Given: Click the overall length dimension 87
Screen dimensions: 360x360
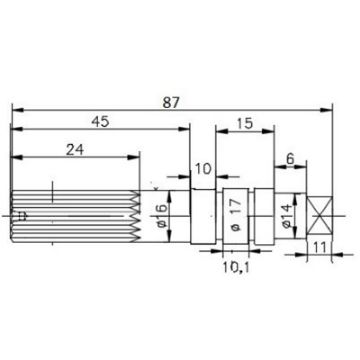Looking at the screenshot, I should click(x=181, y=100).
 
